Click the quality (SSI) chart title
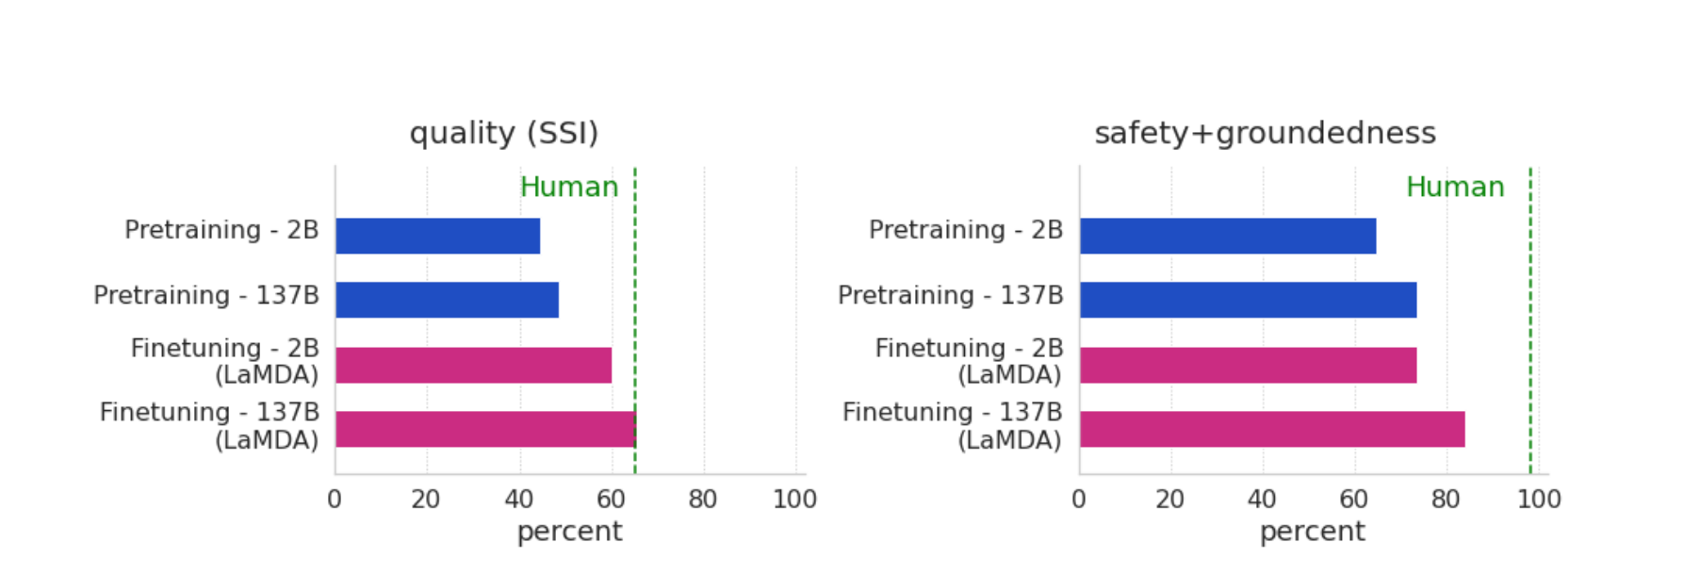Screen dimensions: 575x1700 point(503,133)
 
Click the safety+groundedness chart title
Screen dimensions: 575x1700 point(1265,133)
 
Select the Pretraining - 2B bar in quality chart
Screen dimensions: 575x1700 point(437,236)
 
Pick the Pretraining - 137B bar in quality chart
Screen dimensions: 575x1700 point(447,300)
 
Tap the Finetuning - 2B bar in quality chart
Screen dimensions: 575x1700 point(473,365)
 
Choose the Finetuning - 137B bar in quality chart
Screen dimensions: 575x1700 point(484,429)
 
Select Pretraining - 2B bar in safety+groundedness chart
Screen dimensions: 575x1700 point(1227,236)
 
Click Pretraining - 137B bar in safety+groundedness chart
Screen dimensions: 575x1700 point(1248,300)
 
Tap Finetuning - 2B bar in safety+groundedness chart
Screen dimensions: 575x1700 point(1248,365)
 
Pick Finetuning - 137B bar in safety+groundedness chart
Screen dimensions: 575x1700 point(1272,429)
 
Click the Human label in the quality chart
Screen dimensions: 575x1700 point(569,187)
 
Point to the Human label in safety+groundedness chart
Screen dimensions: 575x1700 point(1455,187)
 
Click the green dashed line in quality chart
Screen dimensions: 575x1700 point(635,283)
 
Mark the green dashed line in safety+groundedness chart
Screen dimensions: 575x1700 point(1530,283)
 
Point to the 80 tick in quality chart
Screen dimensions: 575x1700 point(703,499)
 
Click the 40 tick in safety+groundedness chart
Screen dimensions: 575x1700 point(1262,499)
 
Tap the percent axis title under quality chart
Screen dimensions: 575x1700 point(569,532)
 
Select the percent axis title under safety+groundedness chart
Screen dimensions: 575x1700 point(1312,532)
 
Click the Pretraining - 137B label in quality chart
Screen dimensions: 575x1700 point(206,295)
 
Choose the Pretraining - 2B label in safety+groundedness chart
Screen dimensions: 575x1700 point(966,230)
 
